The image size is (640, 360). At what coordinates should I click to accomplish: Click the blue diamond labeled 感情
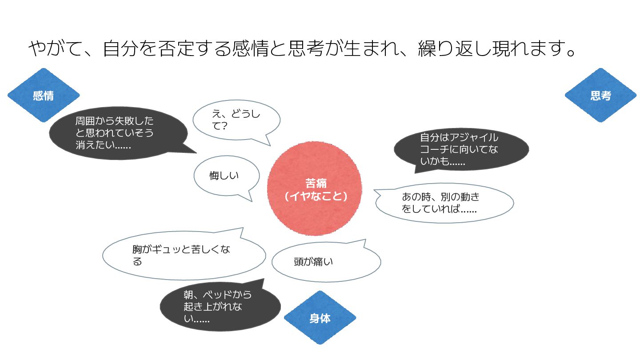(44, 95)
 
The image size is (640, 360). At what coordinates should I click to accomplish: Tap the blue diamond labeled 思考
(600, 95)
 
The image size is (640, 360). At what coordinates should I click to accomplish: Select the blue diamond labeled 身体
(320, 318)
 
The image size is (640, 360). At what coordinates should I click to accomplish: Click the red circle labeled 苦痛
(314, 188)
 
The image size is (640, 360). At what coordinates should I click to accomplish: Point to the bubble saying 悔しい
(226, 176)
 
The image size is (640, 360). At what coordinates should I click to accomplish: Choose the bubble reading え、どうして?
(236, 120)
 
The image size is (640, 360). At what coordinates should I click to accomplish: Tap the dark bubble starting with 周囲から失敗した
(119, 133)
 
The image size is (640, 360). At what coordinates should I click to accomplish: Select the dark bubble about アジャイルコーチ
(461, 149)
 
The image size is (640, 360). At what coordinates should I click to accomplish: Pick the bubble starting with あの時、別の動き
(444, 203)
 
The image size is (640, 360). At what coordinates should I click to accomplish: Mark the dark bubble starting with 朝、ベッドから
(220, 306)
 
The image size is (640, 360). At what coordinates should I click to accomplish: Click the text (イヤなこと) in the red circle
(316, 196)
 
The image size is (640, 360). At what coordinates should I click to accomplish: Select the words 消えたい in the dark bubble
(94, 144)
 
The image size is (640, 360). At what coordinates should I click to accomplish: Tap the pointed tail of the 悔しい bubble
(252, 201)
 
